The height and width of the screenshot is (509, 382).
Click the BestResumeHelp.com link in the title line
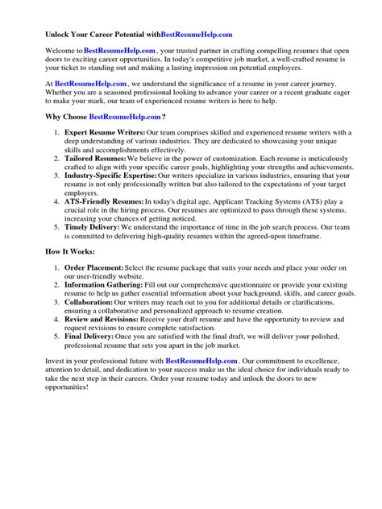pyautogui.click(x=197, y=35)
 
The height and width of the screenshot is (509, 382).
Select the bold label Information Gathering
pyautogui.click(x=103, y=309)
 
